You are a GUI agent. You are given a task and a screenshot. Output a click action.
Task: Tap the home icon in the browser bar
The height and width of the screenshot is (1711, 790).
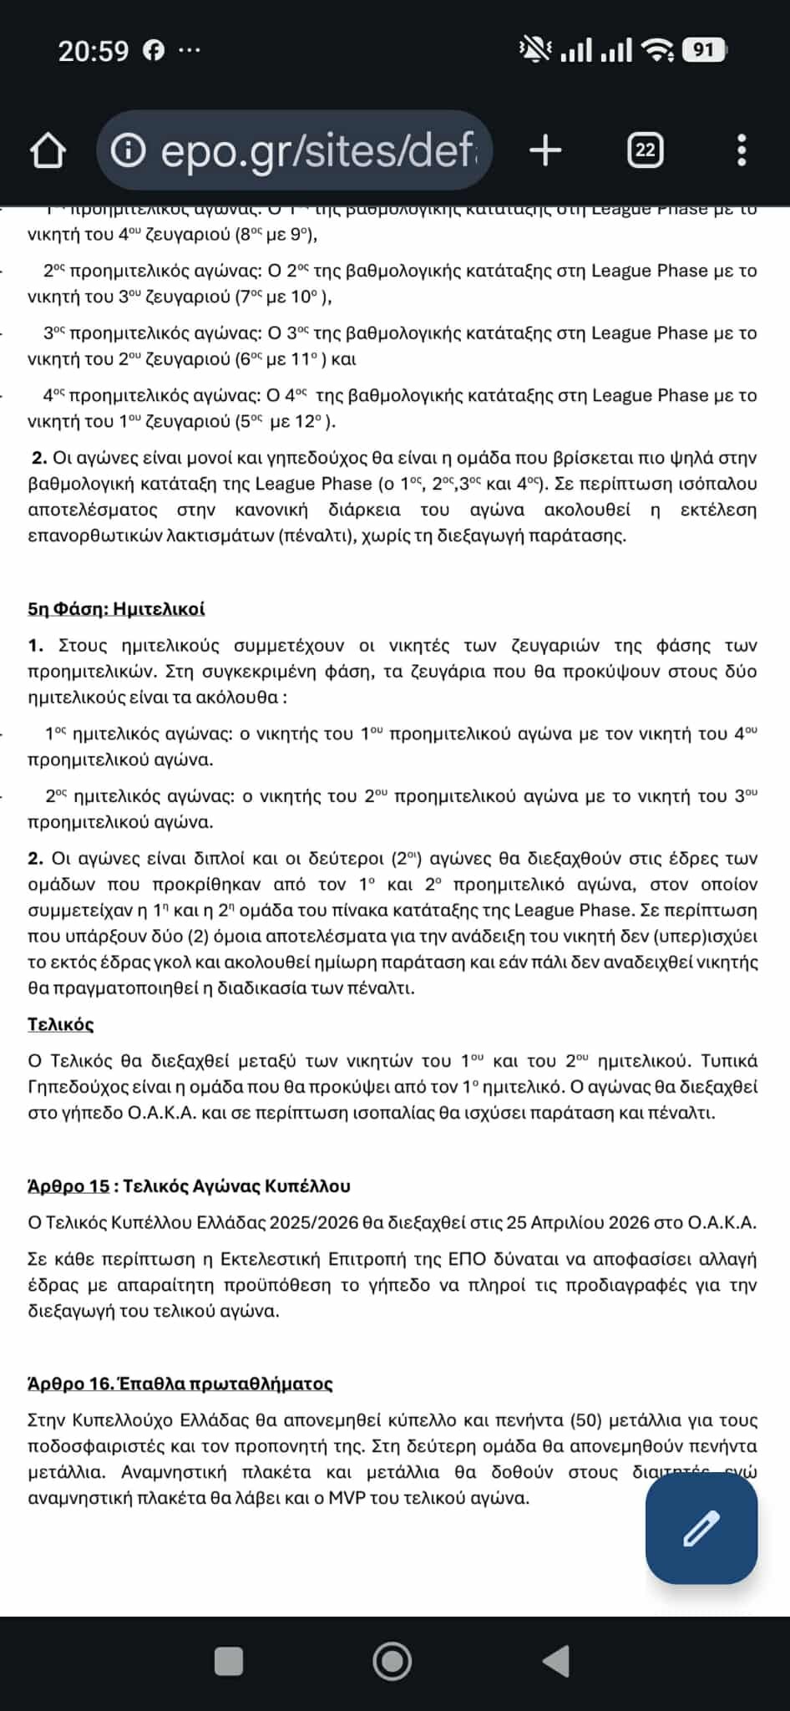tap(48, 151)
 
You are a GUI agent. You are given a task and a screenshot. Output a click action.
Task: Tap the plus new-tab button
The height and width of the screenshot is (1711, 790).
tap(545, 151)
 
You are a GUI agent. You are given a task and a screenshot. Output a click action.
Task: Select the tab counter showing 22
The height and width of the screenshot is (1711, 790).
tap(645, 150)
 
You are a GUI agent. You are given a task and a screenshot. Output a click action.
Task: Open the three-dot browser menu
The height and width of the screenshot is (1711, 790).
tap(742, 150)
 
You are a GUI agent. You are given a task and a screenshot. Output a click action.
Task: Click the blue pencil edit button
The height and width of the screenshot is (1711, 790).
tap(701, 1528)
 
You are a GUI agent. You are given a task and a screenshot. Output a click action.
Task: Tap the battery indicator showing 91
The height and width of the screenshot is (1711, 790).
tap(703, 50)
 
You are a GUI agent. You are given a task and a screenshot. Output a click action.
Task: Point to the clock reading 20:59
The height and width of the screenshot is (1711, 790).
tap(94, 52)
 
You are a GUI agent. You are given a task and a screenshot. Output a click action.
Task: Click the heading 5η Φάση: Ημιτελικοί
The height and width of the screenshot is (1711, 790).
tap(116, 608)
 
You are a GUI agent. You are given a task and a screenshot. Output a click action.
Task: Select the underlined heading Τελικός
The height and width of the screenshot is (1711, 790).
tap(60, 1024)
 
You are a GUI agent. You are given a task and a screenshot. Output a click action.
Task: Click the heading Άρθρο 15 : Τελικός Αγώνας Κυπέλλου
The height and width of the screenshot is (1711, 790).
tap(189, 1186)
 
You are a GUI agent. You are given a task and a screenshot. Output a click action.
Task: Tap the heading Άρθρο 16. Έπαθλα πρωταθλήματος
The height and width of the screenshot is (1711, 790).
tap(180, 1384)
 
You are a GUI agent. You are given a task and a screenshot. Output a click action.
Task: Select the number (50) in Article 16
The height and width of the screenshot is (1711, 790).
tap(585, 1420)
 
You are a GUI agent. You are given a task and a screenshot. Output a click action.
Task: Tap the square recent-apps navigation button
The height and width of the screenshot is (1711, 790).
tap(229, 1662)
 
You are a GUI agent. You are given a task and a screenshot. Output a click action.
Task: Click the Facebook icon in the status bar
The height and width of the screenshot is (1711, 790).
tap(154, 51)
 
